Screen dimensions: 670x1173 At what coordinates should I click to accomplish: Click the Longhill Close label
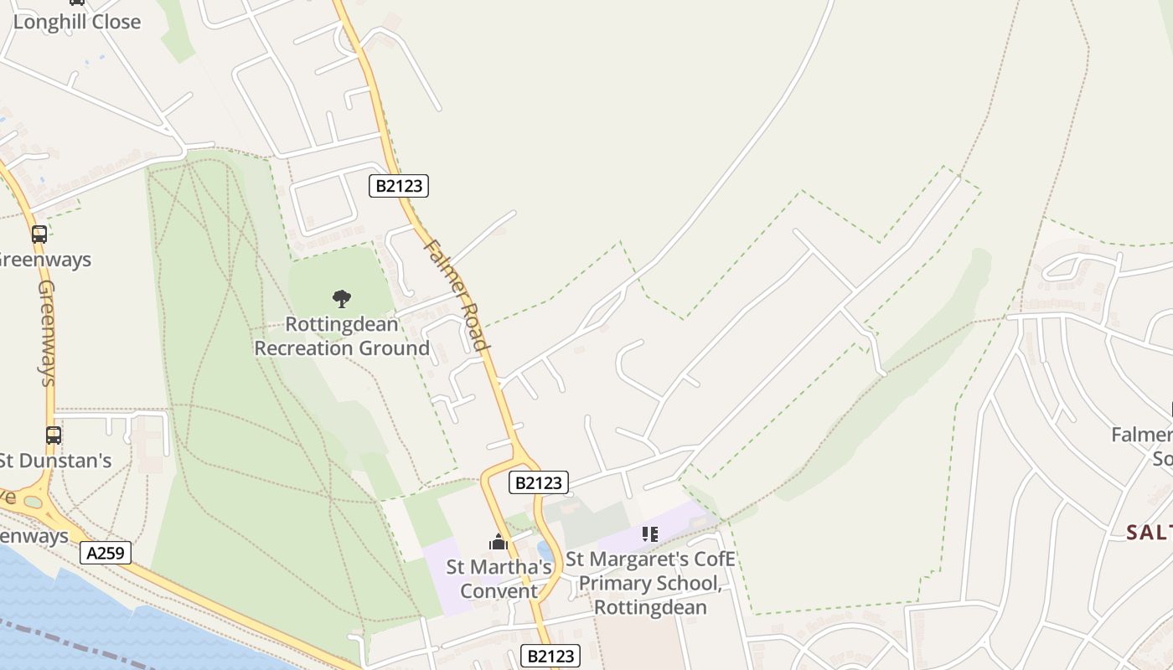tap(76, 22)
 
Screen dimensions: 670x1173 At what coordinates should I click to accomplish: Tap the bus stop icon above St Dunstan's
tap(54, 435)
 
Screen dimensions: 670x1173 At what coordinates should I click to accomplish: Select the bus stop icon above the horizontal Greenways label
tap(39, 234)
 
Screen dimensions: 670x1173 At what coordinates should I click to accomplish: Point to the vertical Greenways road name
tap(47, 332)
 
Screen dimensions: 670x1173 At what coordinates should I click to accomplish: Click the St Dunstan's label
tap(55, 461)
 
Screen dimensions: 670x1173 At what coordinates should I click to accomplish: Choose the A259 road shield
tap(106, 553)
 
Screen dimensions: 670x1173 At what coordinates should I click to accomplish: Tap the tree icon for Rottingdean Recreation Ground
tap(341, 298)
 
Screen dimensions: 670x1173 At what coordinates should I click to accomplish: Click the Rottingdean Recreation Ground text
tap(342, 336)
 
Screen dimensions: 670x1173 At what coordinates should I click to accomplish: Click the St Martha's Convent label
tap(499, 579)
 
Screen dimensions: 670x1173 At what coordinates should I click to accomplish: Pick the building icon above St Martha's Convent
tap(499, 543)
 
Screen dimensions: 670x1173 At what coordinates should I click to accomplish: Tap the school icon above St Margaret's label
tap(650, 533)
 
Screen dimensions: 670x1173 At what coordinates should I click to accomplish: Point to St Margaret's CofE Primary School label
tap(650, 583)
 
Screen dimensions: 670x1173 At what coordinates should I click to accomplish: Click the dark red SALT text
tap(1149, 532)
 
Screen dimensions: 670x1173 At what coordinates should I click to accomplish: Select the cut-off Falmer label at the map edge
tap(1141, 446)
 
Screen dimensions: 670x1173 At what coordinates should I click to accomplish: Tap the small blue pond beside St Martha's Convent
tap(545, 550)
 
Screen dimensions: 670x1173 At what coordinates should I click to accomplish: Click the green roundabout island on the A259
tap(33, 502)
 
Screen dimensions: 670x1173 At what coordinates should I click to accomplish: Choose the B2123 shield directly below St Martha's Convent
tap(551, 656)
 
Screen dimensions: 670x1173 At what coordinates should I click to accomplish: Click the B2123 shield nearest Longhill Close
tap(399, 185)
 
